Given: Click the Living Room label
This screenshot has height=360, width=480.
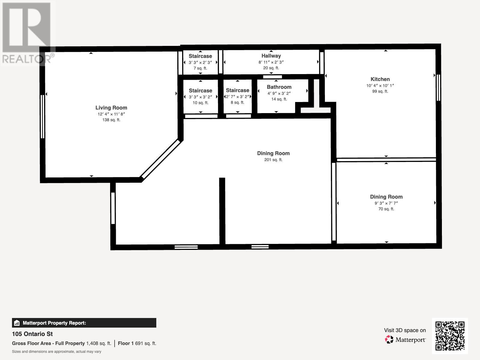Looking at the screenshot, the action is click(111, 107).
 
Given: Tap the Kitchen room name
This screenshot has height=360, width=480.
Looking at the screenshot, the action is click(380, 79).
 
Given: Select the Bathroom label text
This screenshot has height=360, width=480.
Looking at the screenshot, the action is click(279, 87).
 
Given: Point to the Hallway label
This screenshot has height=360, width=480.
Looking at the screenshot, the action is click(271, 56).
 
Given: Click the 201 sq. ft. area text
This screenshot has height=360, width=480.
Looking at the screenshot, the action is click(273, 160).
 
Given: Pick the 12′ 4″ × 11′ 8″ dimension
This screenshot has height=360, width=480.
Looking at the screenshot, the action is click(111, 114).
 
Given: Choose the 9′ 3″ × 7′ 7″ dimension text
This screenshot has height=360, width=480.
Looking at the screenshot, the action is click(386, 203).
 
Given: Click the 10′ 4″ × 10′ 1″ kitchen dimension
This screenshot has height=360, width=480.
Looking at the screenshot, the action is click(380, 85).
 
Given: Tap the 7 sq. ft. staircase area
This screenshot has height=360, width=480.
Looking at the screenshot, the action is click(200, 68).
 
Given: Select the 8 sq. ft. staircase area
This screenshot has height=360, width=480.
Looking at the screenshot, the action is click(238, 103).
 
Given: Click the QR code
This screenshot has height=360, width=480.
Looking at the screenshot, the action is click(450, 336).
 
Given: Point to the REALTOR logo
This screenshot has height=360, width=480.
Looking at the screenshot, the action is click(28, 33).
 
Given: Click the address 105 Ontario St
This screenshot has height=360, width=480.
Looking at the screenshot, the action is click(32, 334).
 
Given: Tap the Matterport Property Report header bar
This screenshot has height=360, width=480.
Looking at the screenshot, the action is click(84, 323).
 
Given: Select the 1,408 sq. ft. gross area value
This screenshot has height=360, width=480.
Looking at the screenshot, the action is click(99, 343).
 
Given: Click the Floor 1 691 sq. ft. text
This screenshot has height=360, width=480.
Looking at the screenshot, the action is click(137, 343).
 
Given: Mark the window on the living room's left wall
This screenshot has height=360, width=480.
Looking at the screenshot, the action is click(43, 116).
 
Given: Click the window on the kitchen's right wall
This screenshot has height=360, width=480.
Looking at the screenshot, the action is click(438, 88).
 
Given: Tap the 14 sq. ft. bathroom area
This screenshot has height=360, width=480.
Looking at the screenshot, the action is click(279, 99).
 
